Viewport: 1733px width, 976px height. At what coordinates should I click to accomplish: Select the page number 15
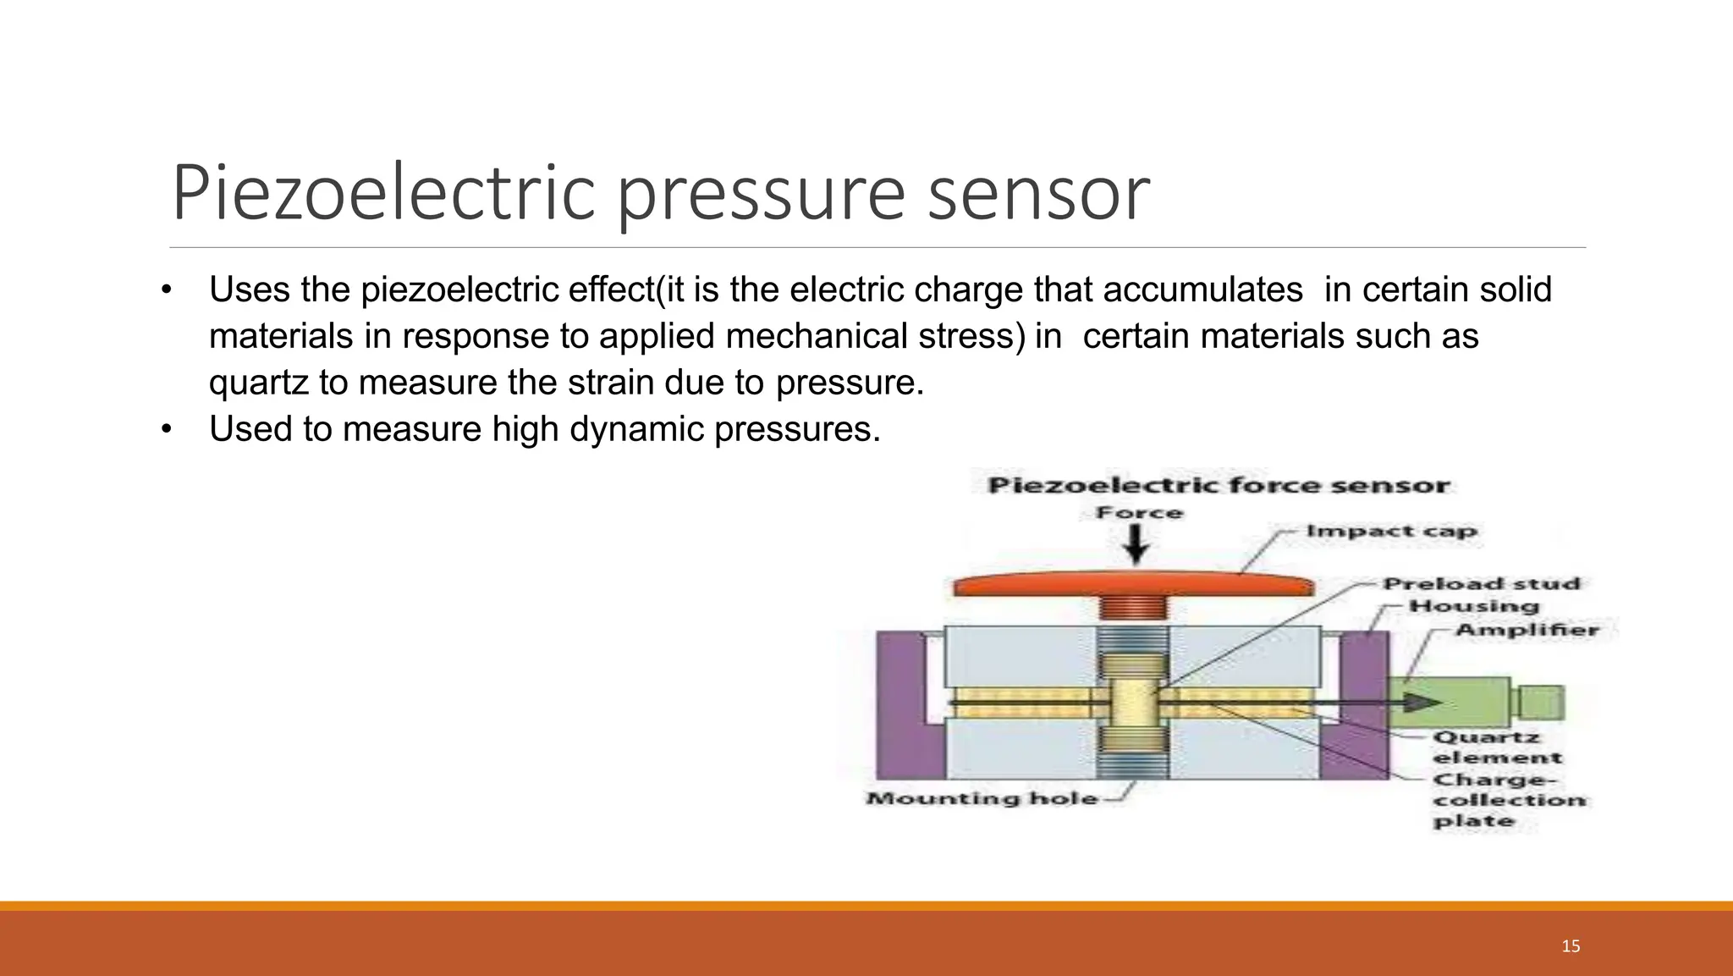click(1571, 946)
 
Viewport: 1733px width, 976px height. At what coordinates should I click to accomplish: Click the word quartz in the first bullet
click(259, 383)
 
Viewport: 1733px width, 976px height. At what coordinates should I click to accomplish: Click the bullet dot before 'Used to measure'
click(167, 429)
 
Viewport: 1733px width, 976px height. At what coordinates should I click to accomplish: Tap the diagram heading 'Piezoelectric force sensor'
click(1219, 486)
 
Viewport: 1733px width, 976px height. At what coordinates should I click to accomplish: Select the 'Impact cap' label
click(1391, 532)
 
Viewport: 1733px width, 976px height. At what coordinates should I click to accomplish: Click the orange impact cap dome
click(1134, 585)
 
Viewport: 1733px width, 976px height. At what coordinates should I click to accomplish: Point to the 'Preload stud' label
click(1481, 584)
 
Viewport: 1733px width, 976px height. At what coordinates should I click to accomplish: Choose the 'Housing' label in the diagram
click(1473, 606)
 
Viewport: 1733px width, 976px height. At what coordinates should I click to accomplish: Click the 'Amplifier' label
click(1527, 630)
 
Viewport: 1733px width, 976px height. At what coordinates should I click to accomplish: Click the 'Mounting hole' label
click(982, 798)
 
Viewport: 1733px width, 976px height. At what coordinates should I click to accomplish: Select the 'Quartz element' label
click(1496, 747)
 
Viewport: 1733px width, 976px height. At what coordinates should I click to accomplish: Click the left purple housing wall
click(900, 704)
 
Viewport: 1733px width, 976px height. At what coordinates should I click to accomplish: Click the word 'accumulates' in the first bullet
click(1202, 290)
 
